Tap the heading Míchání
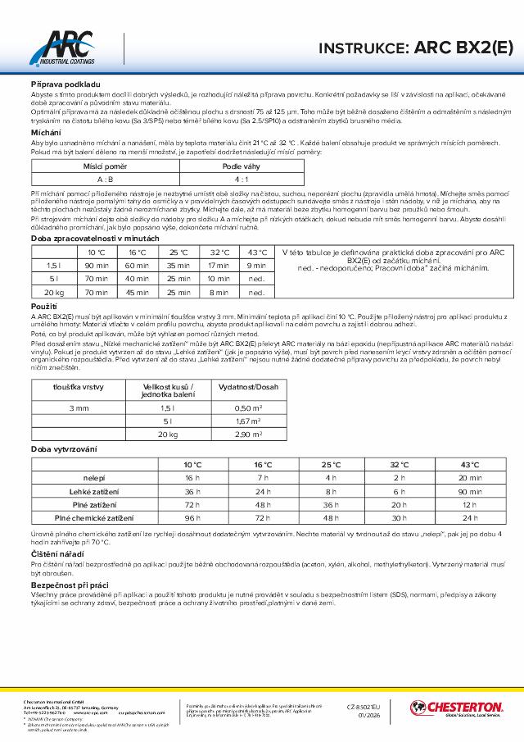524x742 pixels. pos(45,132)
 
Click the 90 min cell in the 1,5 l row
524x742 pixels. pos(97,265)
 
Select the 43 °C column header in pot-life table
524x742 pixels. pos(256,252)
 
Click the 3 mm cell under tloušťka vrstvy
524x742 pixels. pos(79,407)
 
